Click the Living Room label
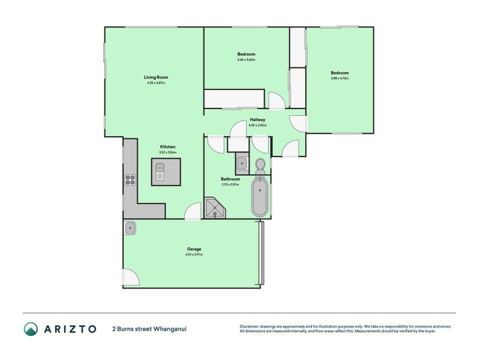(x=155, y=77)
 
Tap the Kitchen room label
(x=167, y=147)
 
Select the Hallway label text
(x=257, y=120)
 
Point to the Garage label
(x=193, y=249)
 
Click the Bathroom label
(x=230, y=179)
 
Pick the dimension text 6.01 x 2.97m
(x=193, y=255)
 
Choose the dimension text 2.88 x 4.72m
(x=340, y=79)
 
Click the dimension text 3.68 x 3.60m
(x=246, y=59)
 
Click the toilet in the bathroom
(x=260, y=164)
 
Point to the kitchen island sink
(x=160, y=174)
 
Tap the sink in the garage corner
(x=130, y=227)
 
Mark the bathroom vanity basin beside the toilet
(x=242, y=163)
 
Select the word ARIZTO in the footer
(x=70, y=329)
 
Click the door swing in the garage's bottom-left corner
(x=130, y=277)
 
